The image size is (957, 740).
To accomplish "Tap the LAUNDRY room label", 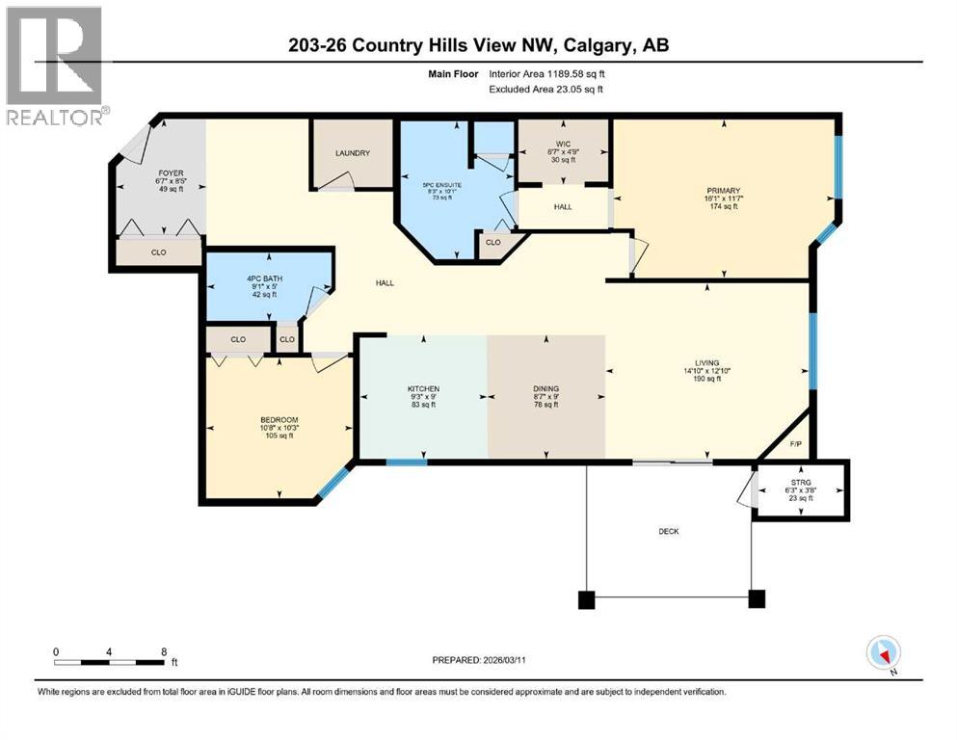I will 352,153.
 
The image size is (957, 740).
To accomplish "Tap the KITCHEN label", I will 422,389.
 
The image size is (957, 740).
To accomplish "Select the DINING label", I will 545,389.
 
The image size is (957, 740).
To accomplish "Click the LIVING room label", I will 705,362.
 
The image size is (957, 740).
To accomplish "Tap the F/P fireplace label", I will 796,444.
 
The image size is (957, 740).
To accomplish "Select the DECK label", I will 668,529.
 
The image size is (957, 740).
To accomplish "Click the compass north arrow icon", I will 884,653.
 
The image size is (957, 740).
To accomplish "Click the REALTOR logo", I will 55,66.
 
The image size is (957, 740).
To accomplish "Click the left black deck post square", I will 586,599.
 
